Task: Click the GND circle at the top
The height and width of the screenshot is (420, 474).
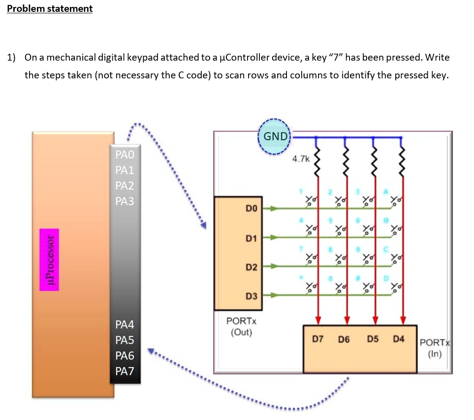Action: click(275, 136)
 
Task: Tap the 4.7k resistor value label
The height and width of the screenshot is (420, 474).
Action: click(301, 159)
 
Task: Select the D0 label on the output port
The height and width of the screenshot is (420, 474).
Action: click(252, 209)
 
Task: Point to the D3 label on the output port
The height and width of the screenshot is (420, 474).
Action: click(252, 296)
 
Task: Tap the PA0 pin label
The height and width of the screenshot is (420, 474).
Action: click(125, 155)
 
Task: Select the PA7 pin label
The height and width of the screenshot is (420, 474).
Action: click(125, 371)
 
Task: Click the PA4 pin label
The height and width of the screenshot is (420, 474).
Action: click(125, 324)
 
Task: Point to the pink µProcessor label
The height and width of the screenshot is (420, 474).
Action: click(49, 259)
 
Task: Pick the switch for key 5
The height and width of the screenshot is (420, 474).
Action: click(340, 228)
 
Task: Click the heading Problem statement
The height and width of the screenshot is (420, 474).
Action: click(50, 8)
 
